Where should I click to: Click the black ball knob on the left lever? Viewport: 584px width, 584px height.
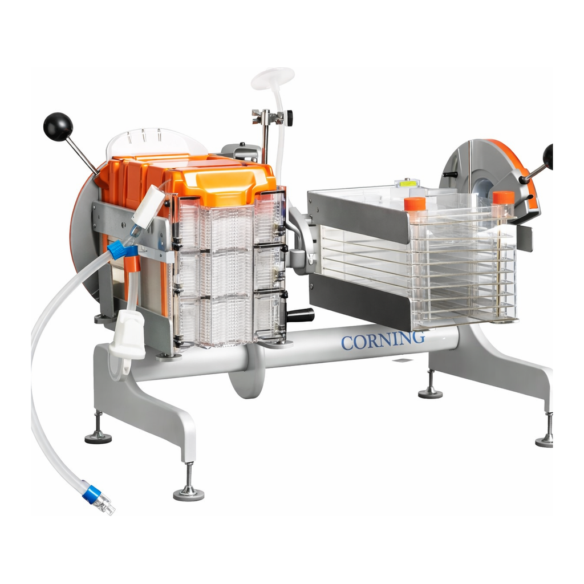58,127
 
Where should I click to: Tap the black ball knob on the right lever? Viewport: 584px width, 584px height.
548,157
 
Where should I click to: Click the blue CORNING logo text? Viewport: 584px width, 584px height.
383,340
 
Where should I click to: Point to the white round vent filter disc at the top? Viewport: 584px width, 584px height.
273,78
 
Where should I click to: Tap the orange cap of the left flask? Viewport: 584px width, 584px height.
415,204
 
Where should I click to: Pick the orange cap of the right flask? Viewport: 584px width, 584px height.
503,197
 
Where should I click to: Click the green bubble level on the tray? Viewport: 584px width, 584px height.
407,183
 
